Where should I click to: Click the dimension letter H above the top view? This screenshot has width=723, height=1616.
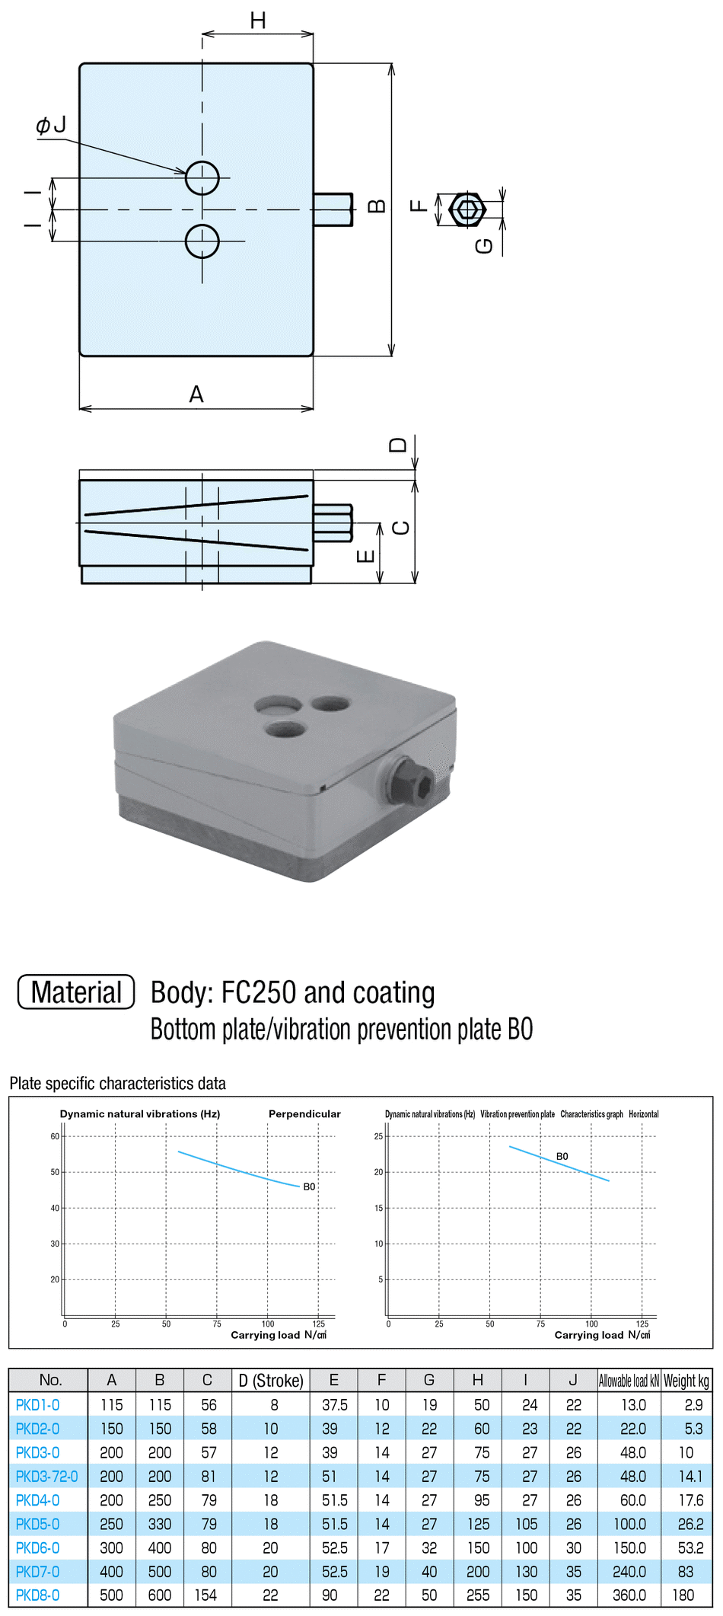pyautogui.click(x=258, y=21)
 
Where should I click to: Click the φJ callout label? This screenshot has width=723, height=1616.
pyautogui.click(x=51, y=125)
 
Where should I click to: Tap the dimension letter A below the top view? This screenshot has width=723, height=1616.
pyautogui.click(x=196, y=394)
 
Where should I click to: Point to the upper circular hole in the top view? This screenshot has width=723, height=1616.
pyautogui.click(x=202, y=178)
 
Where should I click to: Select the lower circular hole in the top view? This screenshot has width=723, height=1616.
pyautogui.click(x=202, y=241)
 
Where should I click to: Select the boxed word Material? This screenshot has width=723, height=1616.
pyautogui.click(x=76, y=992)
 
